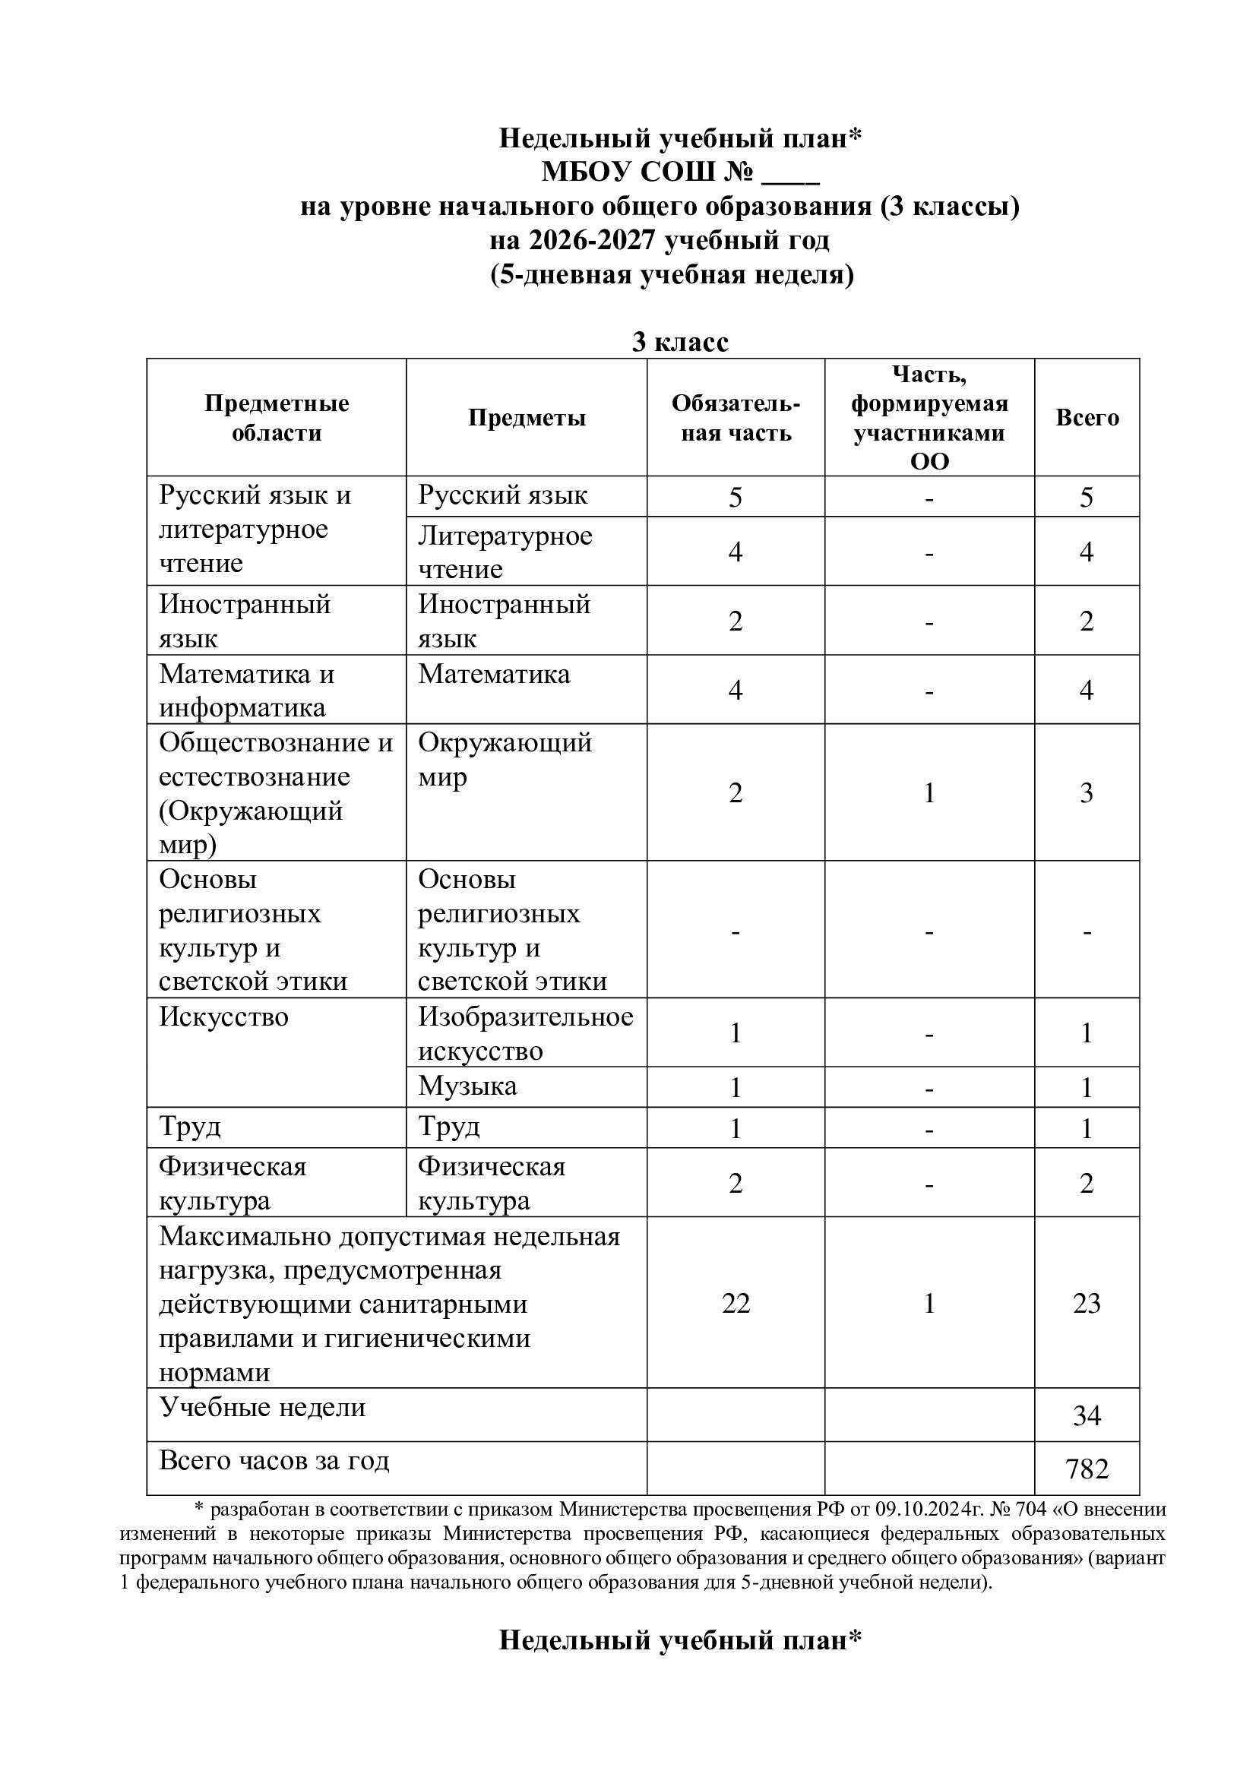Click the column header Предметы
click(527, 418)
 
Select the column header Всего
click(1087, 418)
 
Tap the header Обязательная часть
click(736, 418)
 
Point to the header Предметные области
click(277, 418)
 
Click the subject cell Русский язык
click(502, 495)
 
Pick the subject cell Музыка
click(467, 1086)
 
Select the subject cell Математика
click(494, 674)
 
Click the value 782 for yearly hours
click(1087, 1469)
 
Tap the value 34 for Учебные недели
click(1087, 1415)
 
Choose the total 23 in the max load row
click(1087, 1304)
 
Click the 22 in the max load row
click(736, 1304)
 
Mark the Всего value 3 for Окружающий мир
click(1087, 792)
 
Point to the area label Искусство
click(223, 1017)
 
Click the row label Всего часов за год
click(274, 1460)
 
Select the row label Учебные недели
click(262, 1407)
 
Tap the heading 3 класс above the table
click(680, 342)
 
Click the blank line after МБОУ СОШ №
click(790, 172)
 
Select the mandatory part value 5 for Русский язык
click(736, 497)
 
